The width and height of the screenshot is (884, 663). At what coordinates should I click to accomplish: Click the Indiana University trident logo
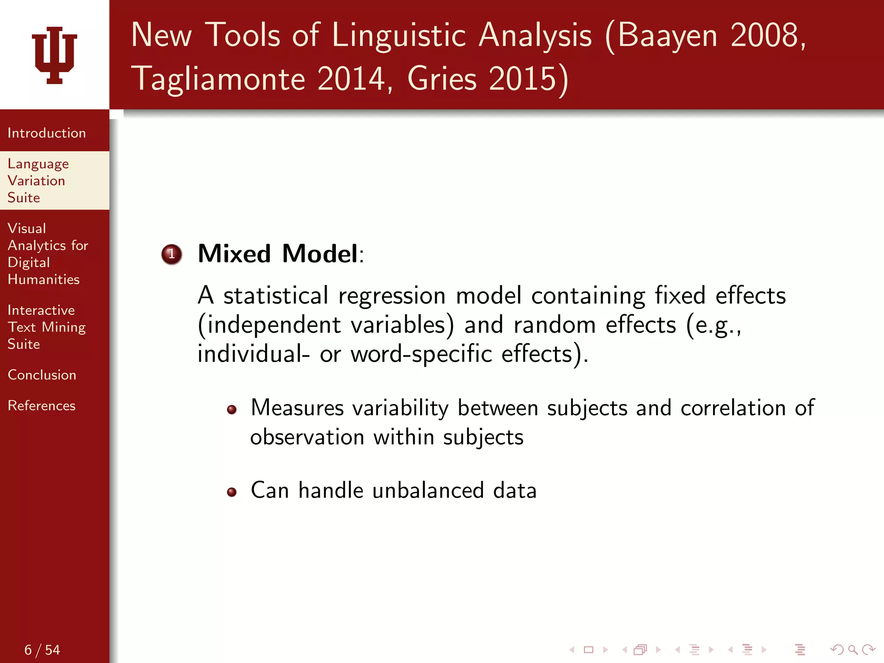coord(54,55)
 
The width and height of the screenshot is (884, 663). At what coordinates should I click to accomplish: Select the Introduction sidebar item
coord(47,133)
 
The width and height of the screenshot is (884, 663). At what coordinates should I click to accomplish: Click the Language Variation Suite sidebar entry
coord(38,180)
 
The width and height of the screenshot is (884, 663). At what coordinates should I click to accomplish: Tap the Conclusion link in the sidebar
coord(42,375)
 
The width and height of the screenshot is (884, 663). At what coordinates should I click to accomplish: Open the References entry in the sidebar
coord(41,406)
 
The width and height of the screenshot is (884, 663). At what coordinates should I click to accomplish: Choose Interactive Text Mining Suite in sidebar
coord(46,327)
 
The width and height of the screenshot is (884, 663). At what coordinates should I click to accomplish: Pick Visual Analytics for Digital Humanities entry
coord(47,254)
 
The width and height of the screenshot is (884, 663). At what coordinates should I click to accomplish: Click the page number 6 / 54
coord(42,650)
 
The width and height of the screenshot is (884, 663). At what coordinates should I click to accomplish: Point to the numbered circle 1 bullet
coord(171,254)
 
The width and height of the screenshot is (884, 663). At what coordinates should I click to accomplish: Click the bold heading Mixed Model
coord(278,253)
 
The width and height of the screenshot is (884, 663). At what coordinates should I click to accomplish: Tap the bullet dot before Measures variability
coord(232,409)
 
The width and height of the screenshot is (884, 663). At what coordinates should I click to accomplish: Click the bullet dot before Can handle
coord(232,492)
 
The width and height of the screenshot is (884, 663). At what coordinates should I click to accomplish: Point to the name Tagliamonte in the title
coord(218,79)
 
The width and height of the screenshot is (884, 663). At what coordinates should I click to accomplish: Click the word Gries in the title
coord(442,79)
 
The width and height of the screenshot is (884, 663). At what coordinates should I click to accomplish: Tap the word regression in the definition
coord(392,297)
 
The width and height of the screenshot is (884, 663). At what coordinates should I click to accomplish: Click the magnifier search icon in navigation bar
coord(852,649)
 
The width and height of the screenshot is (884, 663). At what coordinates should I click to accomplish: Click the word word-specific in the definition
coord(421,354)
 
